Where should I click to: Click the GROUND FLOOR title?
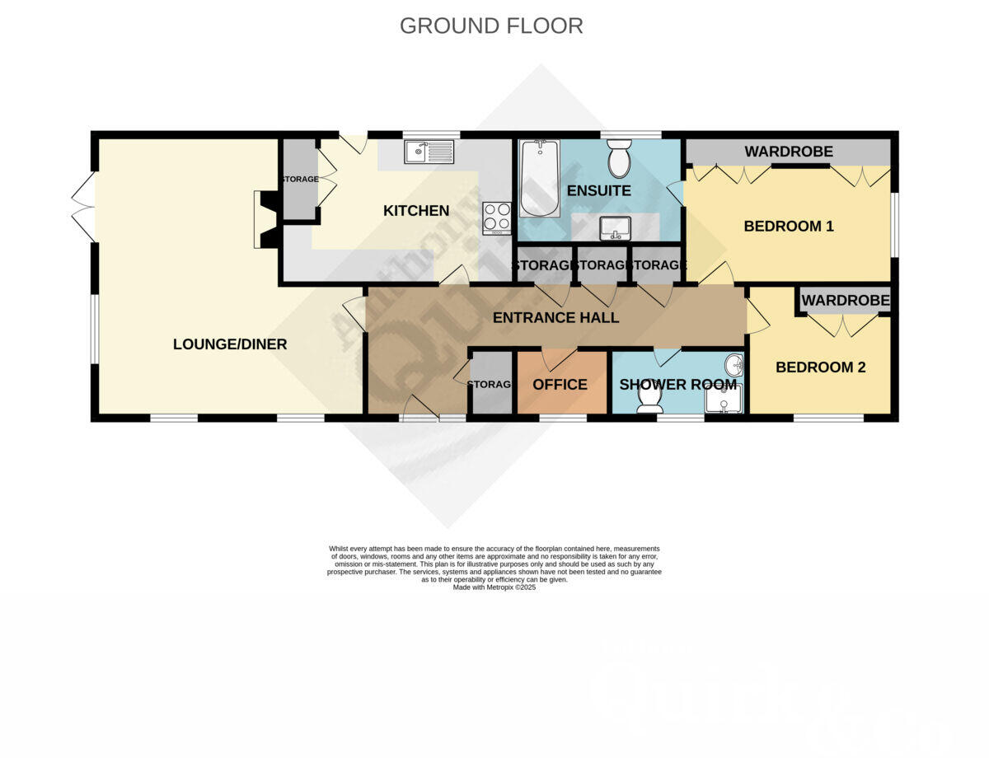pos(491,26)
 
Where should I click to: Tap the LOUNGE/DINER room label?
pos(230,344)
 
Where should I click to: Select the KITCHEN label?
pos(416,211)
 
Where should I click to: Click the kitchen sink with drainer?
pos(429,152)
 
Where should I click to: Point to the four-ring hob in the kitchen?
pos(497,218)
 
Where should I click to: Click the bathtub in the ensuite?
pos(540,177)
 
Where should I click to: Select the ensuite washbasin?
pos(614,227)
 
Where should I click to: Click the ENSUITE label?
pos(598,191)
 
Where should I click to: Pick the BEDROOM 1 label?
pos(789,226)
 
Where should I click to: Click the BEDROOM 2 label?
pos(820,367)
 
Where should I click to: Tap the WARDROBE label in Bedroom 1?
pos(789,152)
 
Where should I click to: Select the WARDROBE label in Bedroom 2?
pos(845,301)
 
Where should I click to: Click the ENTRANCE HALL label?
pos(555,318)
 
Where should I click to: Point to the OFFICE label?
pos(560,385)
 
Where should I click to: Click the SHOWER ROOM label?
pos(677,385)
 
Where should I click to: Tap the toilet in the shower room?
pos(649,396)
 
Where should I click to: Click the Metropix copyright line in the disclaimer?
pos(494,587)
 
